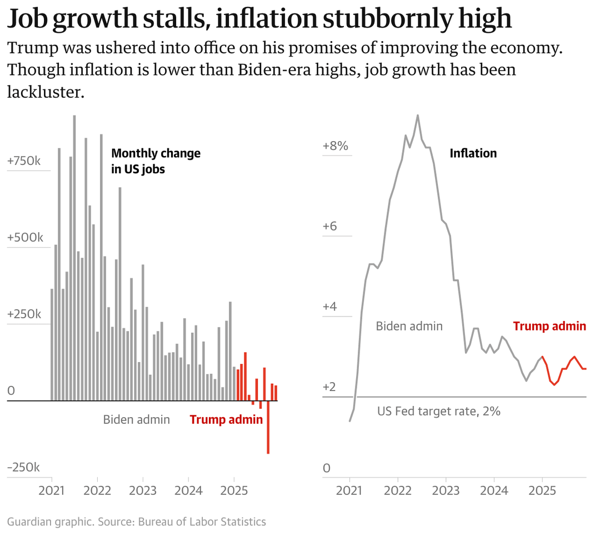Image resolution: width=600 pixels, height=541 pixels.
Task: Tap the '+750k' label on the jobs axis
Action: tap(24, 161)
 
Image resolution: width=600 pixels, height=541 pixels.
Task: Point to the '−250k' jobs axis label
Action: tap(24, 467)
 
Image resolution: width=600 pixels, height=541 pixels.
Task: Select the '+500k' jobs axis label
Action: tap(24, 237)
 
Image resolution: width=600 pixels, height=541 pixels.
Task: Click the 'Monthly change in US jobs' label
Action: tap(156, 161)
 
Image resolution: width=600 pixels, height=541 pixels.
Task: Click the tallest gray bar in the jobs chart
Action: tap(74, 258)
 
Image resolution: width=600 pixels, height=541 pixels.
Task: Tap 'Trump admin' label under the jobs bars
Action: tap(226, 419)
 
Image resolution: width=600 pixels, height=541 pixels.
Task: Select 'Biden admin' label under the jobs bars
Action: tap(137, 419)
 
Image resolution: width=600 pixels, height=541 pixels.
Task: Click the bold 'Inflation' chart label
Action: tap(473, 153)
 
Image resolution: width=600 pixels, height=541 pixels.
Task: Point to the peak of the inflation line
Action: tap(418, 116)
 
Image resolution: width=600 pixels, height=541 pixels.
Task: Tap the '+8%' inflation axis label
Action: tap(336, 146)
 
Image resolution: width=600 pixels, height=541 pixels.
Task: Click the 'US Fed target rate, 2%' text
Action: tap(439, 412)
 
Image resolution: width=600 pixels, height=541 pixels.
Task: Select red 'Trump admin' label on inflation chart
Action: tap(549, 326)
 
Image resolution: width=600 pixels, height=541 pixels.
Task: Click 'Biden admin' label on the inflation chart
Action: tap(409, 326)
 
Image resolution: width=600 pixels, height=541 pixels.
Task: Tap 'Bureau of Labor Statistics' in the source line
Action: tap(202, 522)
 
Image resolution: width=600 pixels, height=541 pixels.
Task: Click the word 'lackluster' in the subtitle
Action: tap(45, 92)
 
